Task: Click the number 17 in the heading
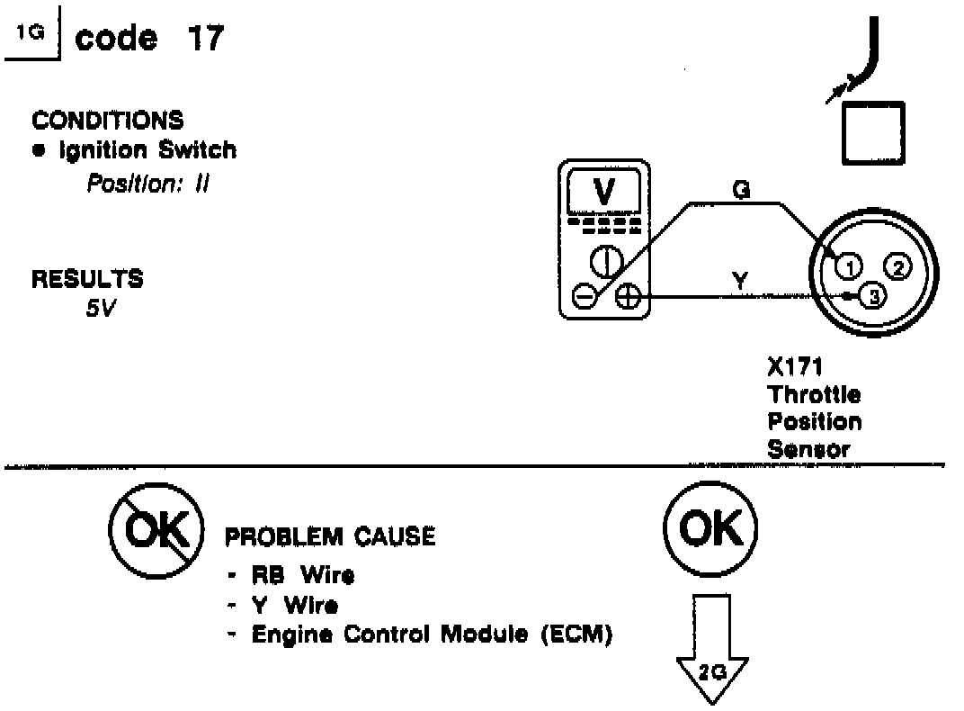(x=204, y=40)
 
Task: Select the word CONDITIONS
(x=107, y=120)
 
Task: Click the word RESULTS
(x=87, y=279)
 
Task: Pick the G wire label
(x=742, y=190)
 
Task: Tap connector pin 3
(x=872, y=295)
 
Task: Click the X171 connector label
(x=788, y=367)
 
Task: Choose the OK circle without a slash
(x=710, y=531)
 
